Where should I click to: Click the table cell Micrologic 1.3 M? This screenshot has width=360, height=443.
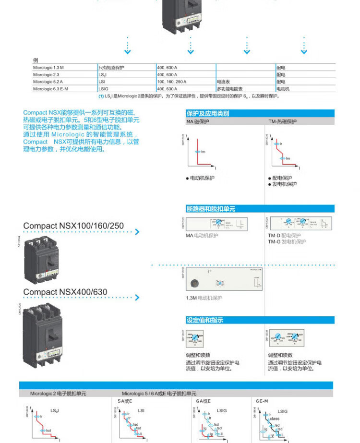click(x=48, y=68)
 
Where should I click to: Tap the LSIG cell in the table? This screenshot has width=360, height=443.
click(x=103, y=89)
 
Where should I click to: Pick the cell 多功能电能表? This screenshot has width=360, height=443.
click(x=230, y=89)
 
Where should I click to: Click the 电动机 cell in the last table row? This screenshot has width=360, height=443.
click(x=283, y=89)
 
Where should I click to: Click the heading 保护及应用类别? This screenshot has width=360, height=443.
click(x=208, y=114)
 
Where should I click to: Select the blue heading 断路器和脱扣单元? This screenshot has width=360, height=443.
click(x=211, y=209)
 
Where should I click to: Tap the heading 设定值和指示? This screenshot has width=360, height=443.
click(x=204, y=320)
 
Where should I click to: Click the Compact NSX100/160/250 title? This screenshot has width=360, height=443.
click(x=73, y=226)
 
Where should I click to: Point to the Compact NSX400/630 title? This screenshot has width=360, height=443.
click(x=65, y=292)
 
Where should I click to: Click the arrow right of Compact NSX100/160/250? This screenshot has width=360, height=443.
click(x=137, y=232)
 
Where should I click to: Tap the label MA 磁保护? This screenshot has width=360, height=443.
click(x=198, y=122)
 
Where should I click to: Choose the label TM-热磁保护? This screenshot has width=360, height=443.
click(x=282, y=122)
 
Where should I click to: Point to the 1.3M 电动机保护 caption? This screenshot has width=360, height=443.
click(x=204, y=298)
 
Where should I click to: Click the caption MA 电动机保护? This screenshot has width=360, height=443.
click(x=202, y=236)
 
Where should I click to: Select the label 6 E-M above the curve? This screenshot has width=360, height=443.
click(x=262, y=400)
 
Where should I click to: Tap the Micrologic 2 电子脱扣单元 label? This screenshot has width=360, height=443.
click(x=58, y=394)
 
